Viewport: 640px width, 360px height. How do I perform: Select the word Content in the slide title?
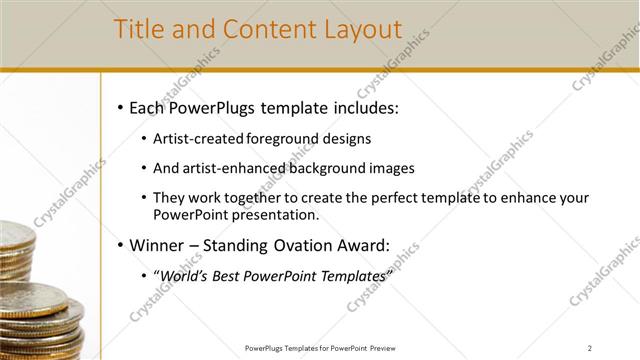coord(262,30)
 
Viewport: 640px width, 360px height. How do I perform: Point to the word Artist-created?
coord(196,139)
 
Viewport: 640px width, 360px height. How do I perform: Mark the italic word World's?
coord(184,275)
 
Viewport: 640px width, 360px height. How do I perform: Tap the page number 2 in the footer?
coord(590,348)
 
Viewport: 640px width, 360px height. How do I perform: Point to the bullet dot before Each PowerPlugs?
coord(120,107)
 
